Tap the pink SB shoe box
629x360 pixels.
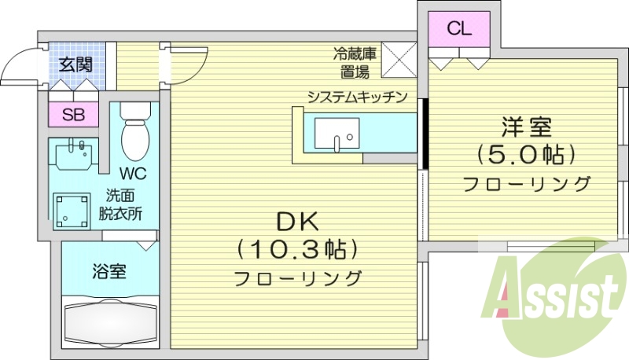coord(73,115)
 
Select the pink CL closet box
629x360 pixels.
coord(459,30)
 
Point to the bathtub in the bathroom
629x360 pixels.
coord(109,323)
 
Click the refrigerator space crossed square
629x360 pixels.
coord(397,60)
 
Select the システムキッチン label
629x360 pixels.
coord(356,97)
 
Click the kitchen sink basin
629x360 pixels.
coord(336,133)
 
